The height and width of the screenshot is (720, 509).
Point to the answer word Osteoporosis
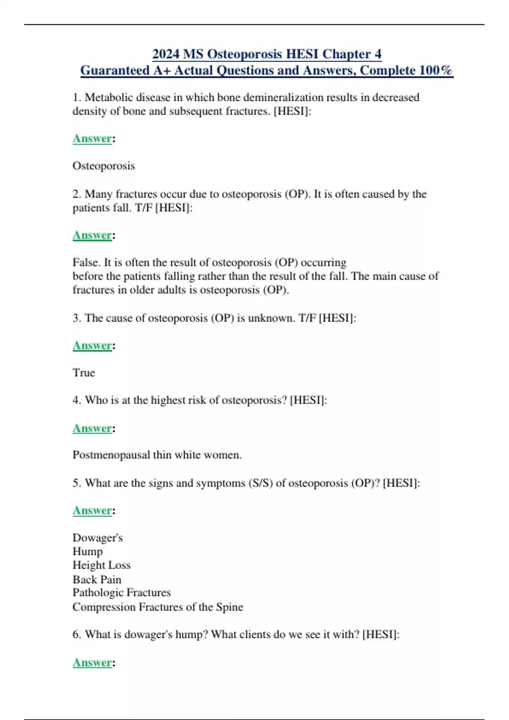pyautogui.click(x=103, y=166)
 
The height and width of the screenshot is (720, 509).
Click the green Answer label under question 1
pyautogui.click(x=92, y=138)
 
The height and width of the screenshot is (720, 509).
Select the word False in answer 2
pyautogui.click(x=86, y=263)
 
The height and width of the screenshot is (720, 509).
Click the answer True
pyautogui.click(x=84, y=373)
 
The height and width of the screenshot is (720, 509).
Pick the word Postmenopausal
pyautogui.click(x=111, y=455)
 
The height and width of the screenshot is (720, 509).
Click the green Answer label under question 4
pyautogui.click(x=92, y=428)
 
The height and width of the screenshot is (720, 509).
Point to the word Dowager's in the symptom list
pyautogui.click(x=98, y=538)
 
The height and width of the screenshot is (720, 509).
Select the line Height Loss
pyautogui.click(x=101, y=565)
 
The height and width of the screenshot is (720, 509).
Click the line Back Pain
pyautogui.click(x=97, y=579)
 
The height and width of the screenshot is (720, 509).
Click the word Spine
pyautogui.click(x=229, y=607)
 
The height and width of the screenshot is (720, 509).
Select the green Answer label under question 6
pyautogui.click(x=92, y=662)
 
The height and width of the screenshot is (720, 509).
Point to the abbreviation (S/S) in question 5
pyautogui.click(x=260, y=483)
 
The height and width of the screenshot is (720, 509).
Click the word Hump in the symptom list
pyautogui.click(x=87, y=551)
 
